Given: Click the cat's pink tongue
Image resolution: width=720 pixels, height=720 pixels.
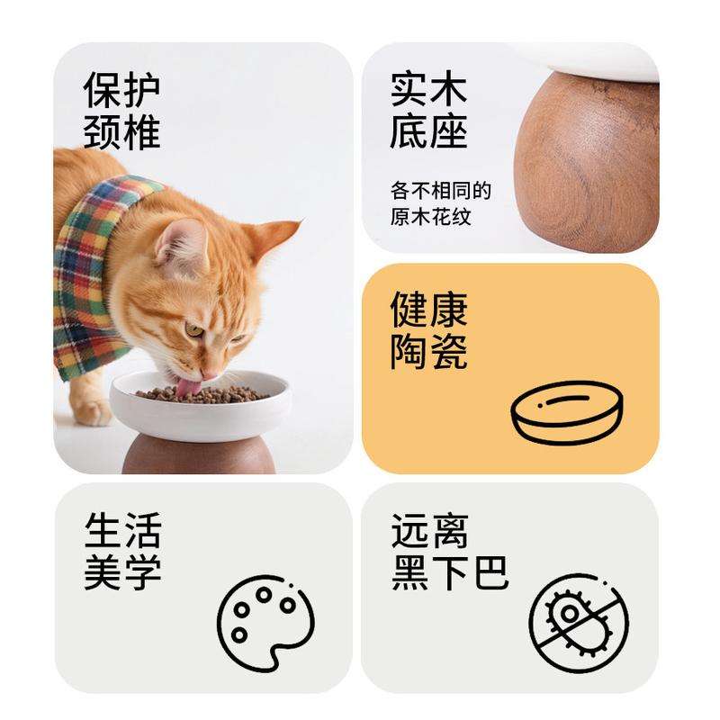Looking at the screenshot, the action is pos(187,387).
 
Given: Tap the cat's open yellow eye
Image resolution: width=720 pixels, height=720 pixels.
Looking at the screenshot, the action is pos(193,329).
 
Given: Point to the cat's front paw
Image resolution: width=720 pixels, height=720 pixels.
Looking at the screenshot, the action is pos(92,413).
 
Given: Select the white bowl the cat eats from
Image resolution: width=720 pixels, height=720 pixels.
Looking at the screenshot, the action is pos(199,408).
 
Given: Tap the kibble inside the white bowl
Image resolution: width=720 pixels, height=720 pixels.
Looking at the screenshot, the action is pos(202,395).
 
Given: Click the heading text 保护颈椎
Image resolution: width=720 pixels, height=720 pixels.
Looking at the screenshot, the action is pos(121,110).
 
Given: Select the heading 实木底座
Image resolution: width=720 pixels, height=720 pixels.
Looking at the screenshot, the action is pos(428,109).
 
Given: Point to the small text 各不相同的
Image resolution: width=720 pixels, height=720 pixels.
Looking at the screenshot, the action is pos(441,191).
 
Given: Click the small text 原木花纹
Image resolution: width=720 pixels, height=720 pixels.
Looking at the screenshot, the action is pos(431,217).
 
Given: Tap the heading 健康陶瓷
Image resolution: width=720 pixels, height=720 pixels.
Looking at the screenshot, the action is pos(428,330).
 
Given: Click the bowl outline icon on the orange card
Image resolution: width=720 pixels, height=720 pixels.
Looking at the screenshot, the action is pos(567,412).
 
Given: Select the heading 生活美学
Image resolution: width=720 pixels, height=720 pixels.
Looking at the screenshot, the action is pos(122,551).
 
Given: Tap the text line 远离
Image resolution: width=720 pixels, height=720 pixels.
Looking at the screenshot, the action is pos(430,530).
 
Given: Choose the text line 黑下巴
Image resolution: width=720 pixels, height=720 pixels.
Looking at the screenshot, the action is pos(450,572).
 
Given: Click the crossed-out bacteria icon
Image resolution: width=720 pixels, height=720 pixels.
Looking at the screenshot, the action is pos(579,623).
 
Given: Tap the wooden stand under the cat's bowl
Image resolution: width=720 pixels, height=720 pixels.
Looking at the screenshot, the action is pos(199,454).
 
